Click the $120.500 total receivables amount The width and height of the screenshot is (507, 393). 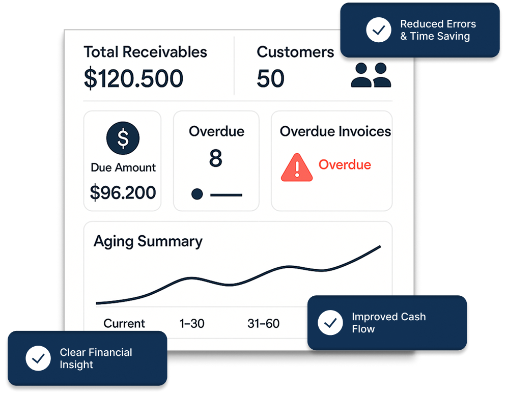pos(133,78)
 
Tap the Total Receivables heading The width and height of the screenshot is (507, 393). pos(145,52)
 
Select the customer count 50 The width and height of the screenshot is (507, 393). pos(271,78)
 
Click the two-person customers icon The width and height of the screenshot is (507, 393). pos(371,75)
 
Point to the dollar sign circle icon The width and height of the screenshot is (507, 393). pos(123,138)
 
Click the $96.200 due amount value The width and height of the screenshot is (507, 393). pos(123,192)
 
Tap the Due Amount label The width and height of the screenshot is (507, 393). pos(123,167)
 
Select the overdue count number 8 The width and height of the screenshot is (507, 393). pos(216,158)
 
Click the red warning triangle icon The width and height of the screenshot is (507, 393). pos(297,167)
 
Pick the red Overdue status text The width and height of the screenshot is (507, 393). pos(345,164)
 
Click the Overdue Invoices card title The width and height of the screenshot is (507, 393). pos(335,131)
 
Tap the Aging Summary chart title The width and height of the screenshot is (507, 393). pos(148,242)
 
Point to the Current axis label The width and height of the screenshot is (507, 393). pos(124,323)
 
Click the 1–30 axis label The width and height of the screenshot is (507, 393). pos(192,323)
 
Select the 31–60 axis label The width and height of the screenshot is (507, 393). pos(263,323)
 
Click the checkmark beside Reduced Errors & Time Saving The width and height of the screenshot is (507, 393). pos(379,30)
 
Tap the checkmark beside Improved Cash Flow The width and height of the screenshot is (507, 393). pos(330,322)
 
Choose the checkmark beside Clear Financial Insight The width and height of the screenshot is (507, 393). pos(38,358)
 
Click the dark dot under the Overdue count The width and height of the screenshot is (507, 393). pos(197,194)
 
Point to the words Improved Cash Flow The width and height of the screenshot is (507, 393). pos(389,322)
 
